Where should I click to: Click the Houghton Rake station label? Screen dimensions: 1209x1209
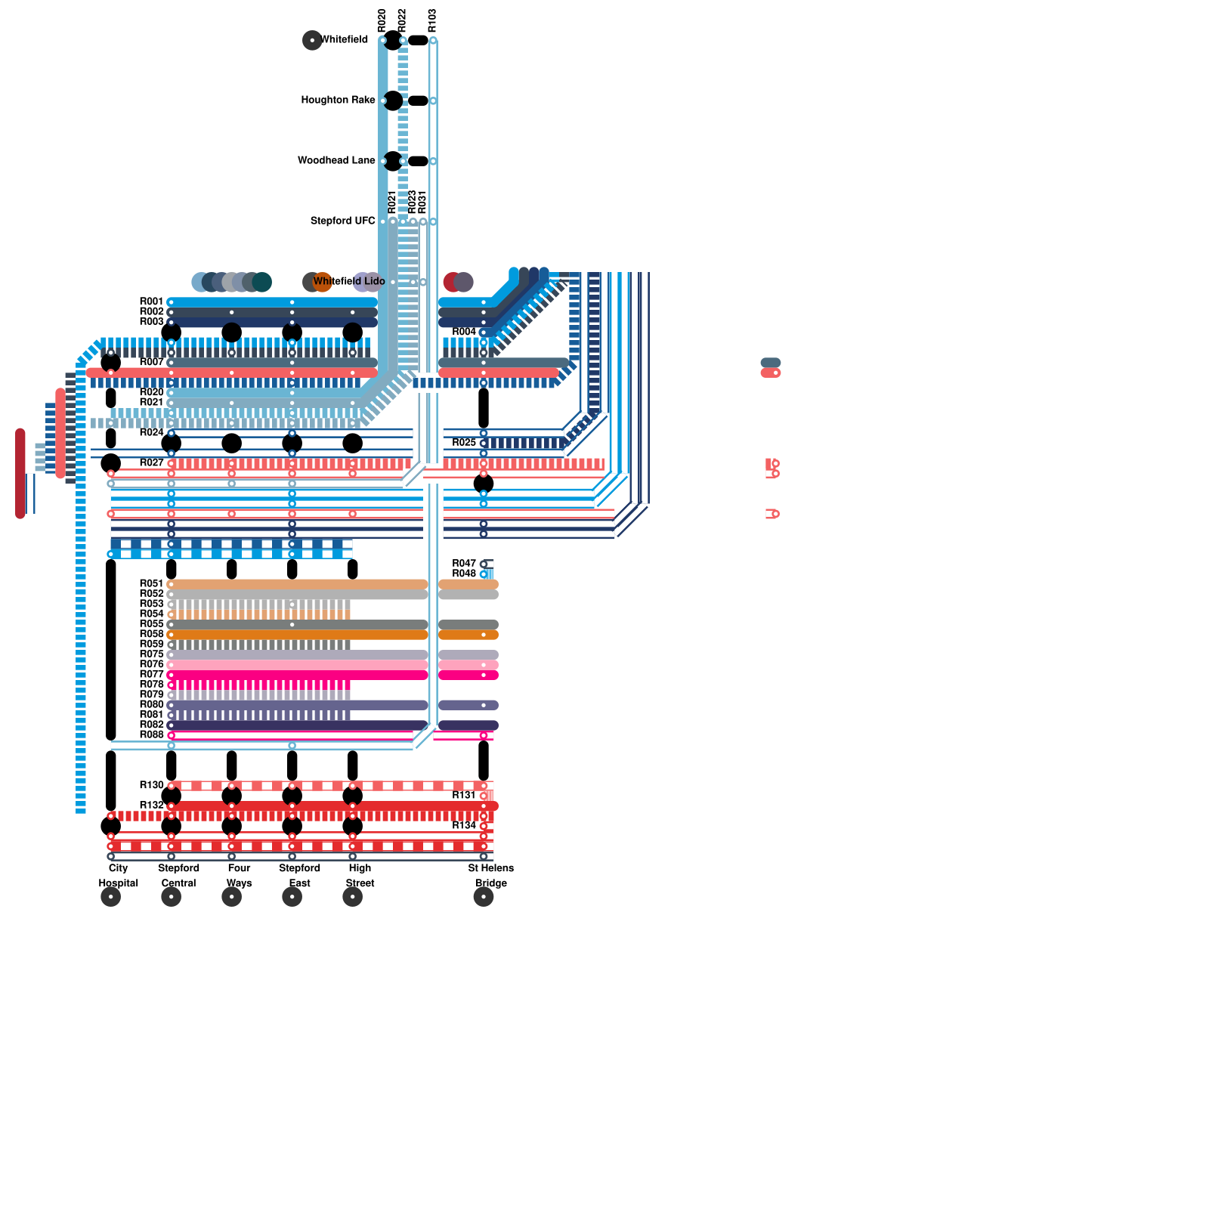coord(338,100)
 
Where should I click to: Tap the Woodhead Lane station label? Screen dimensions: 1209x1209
coord(336,160)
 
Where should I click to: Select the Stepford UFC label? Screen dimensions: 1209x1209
coord(342,221)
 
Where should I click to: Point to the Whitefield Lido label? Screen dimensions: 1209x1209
coord(349,281)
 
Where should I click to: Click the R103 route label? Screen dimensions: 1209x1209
coord(432,20)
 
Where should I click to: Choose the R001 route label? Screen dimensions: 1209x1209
coord(151,301)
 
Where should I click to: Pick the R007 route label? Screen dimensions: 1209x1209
coord(151,362)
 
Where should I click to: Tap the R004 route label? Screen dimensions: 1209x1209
coord(464,332)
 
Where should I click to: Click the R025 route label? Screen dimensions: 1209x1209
coord(464,442)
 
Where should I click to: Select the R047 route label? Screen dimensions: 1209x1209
coord(464,564)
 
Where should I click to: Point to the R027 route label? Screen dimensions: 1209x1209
coord(151,462)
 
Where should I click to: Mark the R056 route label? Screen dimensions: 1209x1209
coord(151,634)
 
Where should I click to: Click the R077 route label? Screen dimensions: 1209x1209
coord(151,674)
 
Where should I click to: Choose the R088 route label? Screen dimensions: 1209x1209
coord(151,734)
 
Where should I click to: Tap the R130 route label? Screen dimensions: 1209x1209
coord(151,785)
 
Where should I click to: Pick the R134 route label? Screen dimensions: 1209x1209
coord(464,825)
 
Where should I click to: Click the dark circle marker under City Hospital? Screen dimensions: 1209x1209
coord(111,897)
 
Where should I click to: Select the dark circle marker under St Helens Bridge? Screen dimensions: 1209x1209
coord(484,897)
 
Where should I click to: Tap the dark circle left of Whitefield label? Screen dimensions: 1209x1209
coord(312,40)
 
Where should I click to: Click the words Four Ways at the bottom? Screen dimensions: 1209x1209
coord(239,875)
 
